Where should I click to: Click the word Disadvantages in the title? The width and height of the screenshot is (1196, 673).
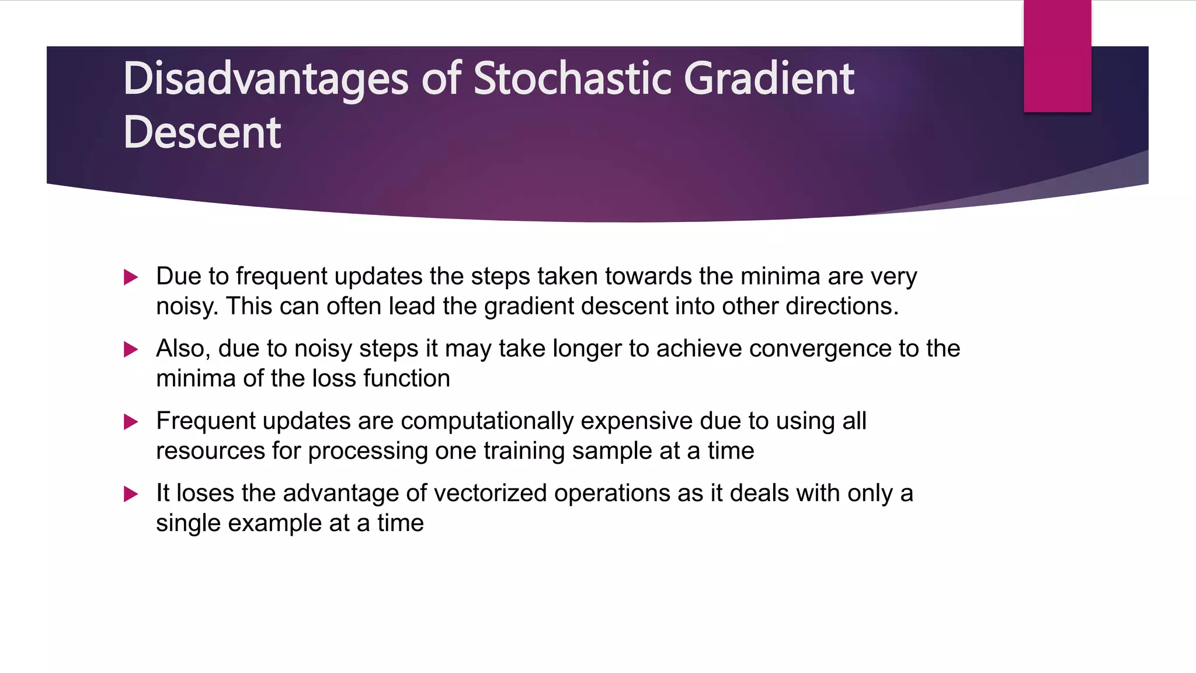click(265, 79)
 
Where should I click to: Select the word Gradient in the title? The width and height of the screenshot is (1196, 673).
click(769, 79)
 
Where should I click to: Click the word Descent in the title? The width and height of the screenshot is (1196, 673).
click(202, 133)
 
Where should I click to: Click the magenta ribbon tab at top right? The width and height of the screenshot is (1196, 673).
click(1057, 56)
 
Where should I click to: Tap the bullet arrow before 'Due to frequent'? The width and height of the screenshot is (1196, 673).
click(131, 277)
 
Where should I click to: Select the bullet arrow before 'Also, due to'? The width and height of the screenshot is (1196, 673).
click(131, 349)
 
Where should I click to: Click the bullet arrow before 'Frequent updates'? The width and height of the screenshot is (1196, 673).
click(131, 422)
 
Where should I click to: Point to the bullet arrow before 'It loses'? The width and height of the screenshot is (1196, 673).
click(131, 494)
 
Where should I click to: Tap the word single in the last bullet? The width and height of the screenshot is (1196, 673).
click(188, 523)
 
